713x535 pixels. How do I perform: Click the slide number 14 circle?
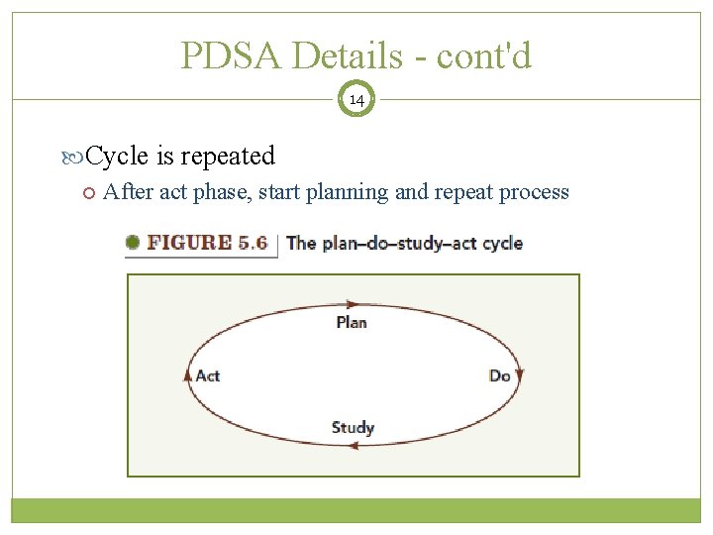point(356,99)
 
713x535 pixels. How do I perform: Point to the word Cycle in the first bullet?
point(118,156)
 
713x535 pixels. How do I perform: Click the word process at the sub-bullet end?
point(535,192)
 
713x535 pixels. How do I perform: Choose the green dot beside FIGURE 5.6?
point(133,242)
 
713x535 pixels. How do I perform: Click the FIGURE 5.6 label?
point(207,243)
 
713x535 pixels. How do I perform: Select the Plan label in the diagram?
point(352,322)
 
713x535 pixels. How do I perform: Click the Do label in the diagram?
point(499,375)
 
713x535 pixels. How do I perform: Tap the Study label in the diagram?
point(353,428)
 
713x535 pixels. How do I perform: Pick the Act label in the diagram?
point(208,375)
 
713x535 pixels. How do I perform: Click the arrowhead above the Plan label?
point(352,304)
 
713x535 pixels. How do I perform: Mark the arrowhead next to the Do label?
point(520,375)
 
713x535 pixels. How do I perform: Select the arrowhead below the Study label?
point(352,445)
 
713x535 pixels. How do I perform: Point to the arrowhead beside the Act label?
point(188,375)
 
